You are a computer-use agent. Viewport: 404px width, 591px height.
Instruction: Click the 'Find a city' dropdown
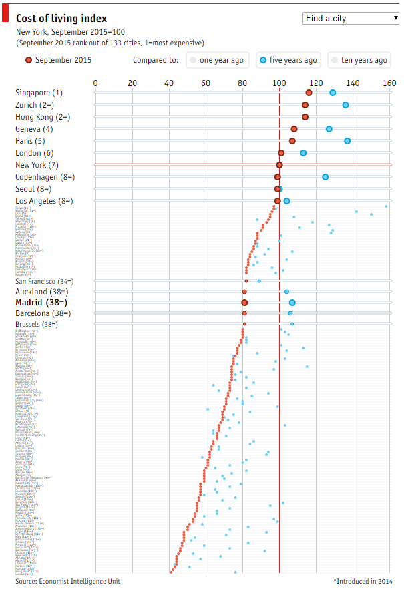click(351, 19)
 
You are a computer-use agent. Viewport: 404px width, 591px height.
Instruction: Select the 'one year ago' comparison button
click(216, 60)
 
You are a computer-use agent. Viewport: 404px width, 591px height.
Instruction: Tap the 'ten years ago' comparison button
click(359, 60)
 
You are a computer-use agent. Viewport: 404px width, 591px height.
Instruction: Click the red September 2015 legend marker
click(28, 60)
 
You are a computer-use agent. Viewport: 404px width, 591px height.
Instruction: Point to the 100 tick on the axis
click(279, 83)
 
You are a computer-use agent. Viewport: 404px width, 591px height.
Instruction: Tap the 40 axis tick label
click(169, 83)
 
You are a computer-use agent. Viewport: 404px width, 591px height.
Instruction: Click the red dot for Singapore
click(309, 93)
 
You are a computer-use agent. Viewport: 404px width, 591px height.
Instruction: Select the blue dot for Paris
click(347, 141)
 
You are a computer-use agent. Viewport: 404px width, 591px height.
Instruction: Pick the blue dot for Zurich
click(345, 105)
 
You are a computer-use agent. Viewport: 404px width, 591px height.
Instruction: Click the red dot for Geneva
click(294, 129)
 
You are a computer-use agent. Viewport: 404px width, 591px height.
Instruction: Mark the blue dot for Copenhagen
click(325, 177)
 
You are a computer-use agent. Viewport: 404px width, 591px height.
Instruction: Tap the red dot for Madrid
click(244, 303)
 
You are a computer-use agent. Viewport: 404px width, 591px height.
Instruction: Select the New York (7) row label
click(37, 165)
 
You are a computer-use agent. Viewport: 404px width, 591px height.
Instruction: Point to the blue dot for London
click(303, 153)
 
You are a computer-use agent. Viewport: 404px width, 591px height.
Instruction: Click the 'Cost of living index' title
click(61, 19)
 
